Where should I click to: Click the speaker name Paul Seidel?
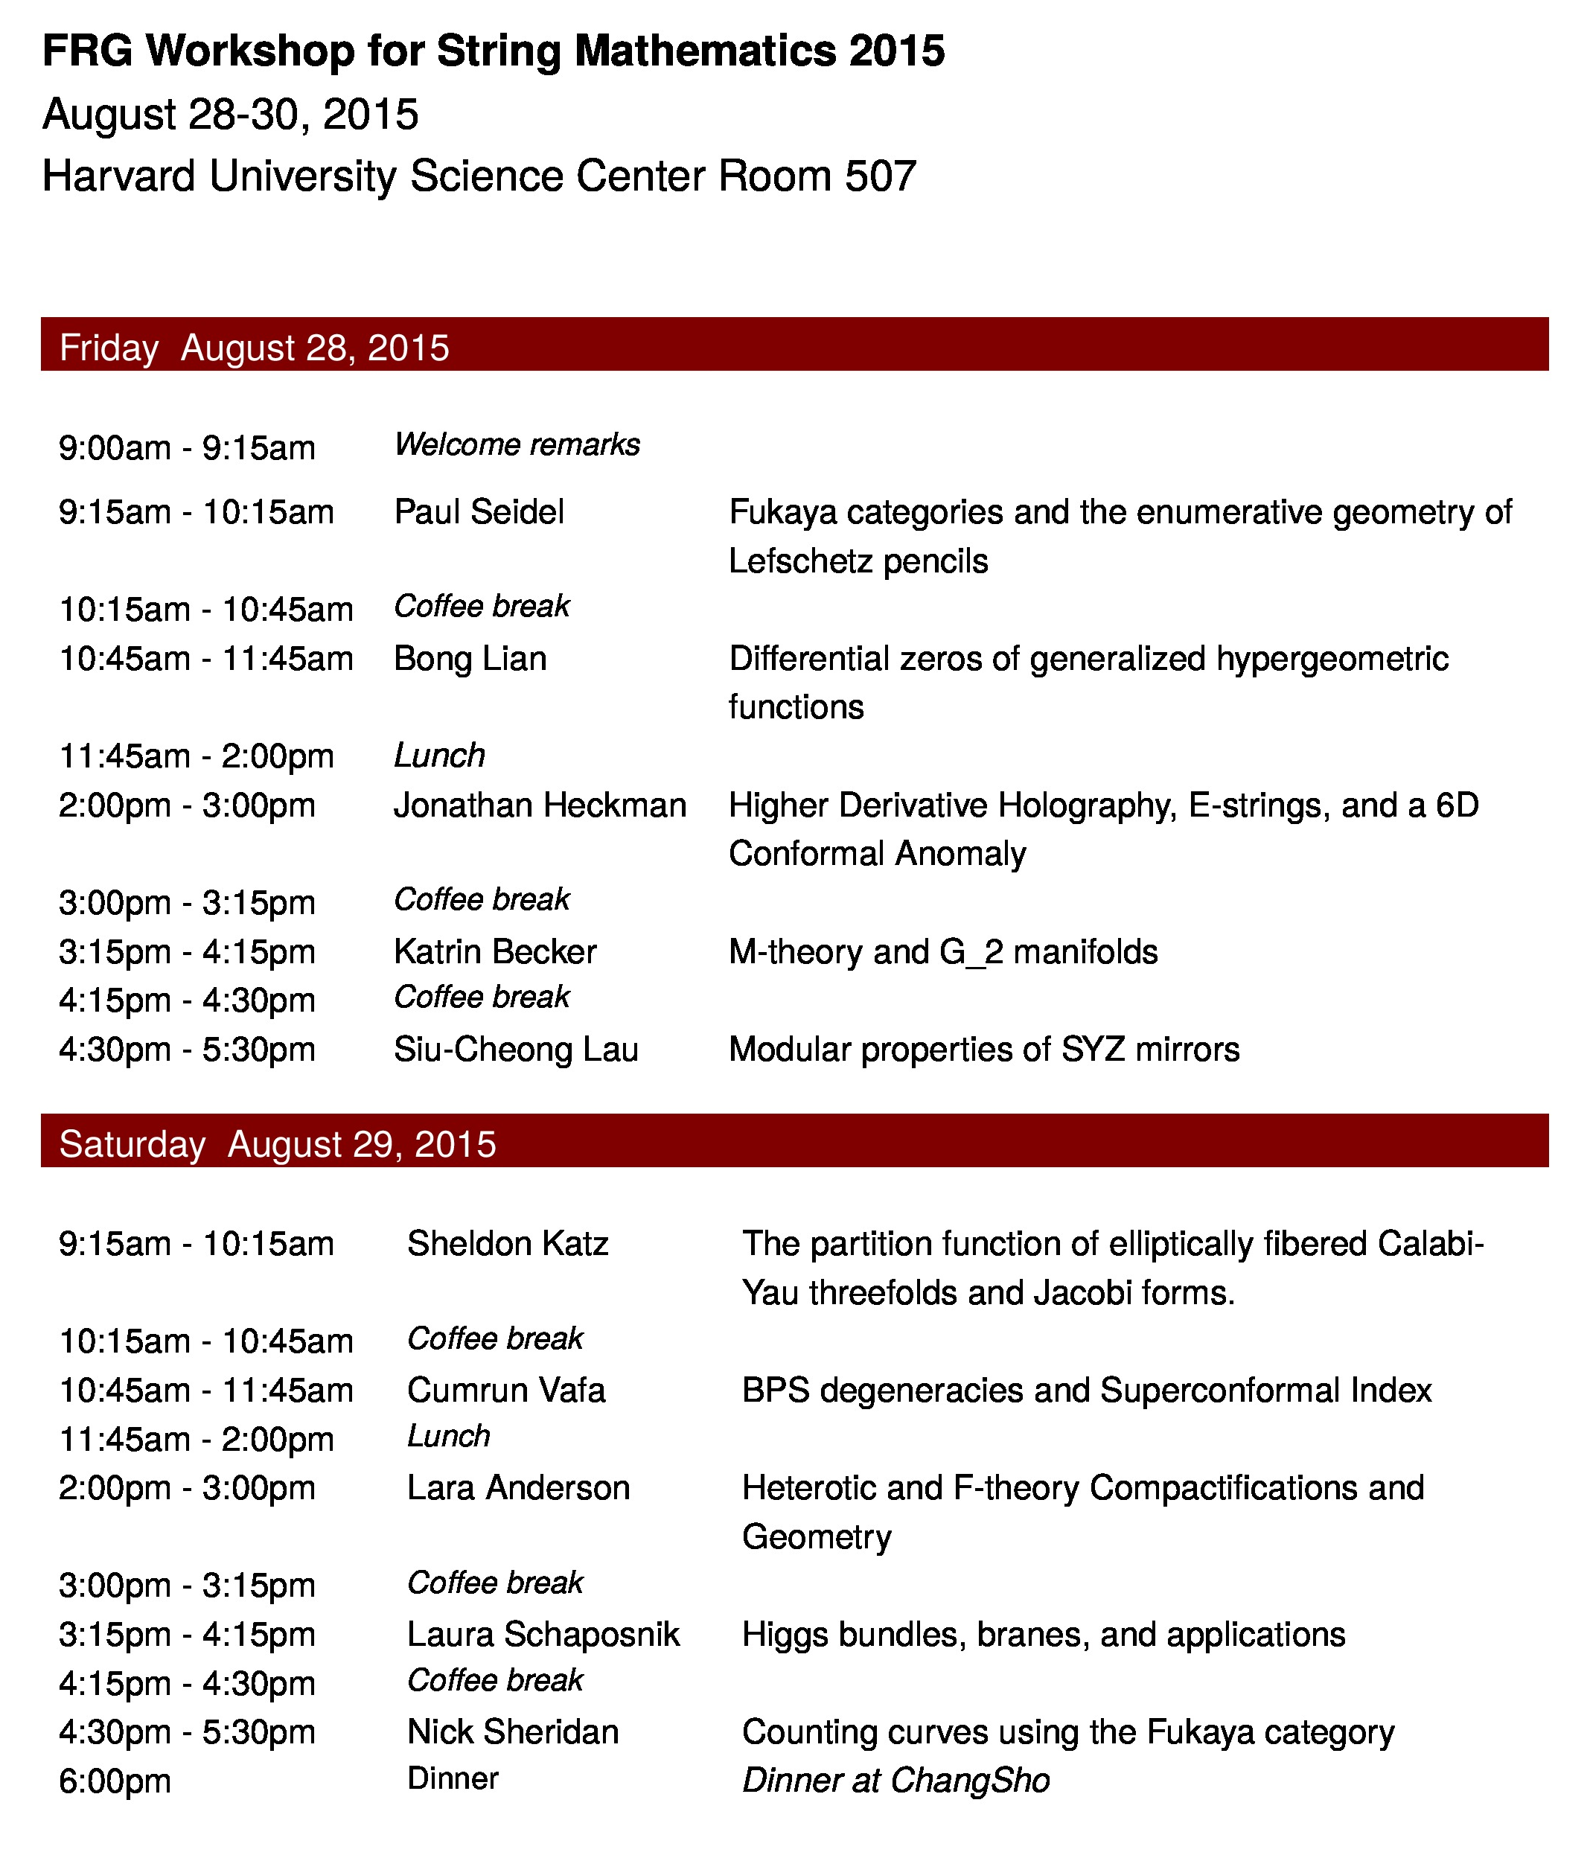(479, 512)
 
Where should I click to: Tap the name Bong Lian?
(470, 658)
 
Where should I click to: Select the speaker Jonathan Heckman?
(540, 805)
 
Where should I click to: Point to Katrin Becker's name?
(495, 951)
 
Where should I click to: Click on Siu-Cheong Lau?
(516, 1049)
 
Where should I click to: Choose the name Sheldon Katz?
(508, 1244)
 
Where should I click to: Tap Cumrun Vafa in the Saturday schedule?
(505, 1391)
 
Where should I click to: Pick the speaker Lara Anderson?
(518, 1487)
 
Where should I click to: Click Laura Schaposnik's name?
(543, 1634)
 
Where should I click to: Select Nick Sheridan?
(513, 1731)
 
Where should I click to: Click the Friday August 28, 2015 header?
(255, 348)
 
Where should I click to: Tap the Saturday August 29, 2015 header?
(278, 1144)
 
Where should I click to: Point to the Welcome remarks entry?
(517, 444)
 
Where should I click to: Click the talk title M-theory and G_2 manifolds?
(943, 951)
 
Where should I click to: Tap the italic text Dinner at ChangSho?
(895, 1780)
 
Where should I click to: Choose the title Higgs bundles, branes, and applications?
(1043, 1634)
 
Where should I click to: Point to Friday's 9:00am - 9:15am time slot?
(187, 447)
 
